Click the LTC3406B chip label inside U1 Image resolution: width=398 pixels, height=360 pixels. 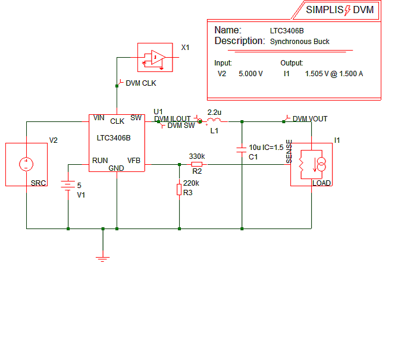coord(114,138)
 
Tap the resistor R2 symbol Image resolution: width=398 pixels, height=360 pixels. coord(197,164)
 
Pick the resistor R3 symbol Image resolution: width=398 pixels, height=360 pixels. coord(179,190)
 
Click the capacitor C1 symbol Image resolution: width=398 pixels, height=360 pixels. coord(242,149)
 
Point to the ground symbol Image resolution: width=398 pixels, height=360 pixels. coord(103,257)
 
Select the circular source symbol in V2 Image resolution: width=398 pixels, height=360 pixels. coord(26,164)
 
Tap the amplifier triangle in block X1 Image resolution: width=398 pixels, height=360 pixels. coord(157,57)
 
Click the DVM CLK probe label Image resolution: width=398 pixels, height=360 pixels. coord(141,83)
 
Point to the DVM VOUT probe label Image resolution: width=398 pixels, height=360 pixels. coord(309,119)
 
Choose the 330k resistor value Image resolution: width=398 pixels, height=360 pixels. coord(196,156)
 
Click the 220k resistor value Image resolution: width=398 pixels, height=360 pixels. coord(191,183)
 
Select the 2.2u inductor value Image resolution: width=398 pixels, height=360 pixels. coord(214,112)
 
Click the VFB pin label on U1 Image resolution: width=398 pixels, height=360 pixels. coord(134,160)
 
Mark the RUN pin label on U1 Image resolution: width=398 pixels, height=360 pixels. coord(99,161)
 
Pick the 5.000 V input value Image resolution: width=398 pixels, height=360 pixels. coord(250,74)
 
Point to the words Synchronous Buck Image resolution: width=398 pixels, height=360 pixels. coord(300,42)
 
